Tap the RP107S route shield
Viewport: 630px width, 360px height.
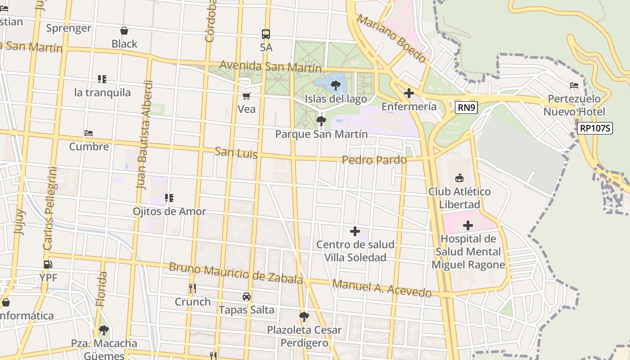[x=595, y=128]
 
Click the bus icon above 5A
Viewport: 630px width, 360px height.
[x=266, y=34]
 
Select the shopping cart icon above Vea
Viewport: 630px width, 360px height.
[x=246, y=96]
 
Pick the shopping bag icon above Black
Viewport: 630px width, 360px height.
[x=124, y=31]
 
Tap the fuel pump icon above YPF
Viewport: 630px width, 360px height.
[x=48, y=265]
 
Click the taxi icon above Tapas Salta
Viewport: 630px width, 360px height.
[x=247, y=297]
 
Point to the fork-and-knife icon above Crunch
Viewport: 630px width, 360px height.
[x=193, y=288]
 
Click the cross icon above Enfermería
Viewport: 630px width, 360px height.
[x=409, y=93]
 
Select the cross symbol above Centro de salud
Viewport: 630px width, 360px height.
[x=355, y=231]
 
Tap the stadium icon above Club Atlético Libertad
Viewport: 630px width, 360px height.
[x=459, y=178]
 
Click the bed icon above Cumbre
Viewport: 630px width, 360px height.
[x=89, y=133]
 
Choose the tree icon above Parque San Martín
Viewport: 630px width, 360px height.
[x=321, y=121]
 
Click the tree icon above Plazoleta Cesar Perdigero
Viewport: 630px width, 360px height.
[x=304, y=316]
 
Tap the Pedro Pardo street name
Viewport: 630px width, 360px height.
[x=374, y=160]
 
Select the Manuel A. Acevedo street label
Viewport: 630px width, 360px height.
[x=382, y=288]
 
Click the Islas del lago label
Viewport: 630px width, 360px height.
[x=336, y=99]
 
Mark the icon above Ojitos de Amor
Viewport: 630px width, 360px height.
[x=169, y=198]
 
